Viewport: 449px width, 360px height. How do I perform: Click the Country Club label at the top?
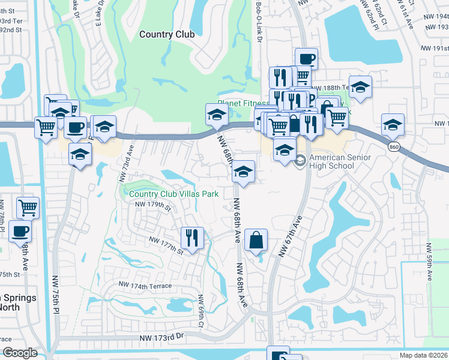click(167, 34)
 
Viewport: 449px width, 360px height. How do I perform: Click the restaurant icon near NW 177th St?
click(192, 237)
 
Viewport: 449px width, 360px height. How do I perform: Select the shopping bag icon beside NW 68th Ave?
click(256, 240)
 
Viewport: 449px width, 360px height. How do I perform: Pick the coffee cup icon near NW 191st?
click(306, 58)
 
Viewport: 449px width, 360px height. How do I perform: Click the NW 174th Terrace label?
click(145, 286)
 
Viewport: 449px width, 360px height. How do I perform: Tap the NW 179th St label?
click(153, 206)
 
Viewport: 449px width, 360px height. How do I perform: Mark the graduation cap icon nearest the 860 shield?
click(393, 124)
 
